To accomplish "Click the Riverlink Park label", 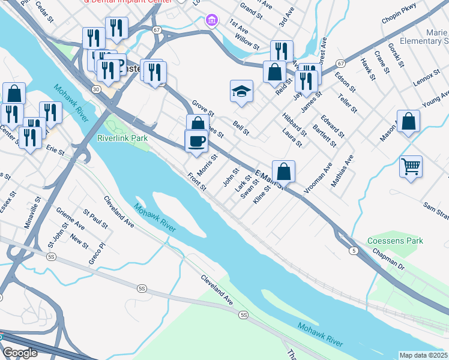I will (x=122, y=138).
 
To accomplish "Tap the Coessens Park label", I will (x=396, y=241).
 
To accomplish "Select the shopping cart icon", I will (x=411, y=166).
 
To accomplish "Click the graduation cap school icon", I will (x=241, y=92).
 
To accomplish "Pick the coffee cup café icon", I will (x=196, y=142).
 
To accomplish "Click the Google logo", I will (x=20, y=353).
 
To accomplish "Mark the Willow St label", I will (x=247, y=41).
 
